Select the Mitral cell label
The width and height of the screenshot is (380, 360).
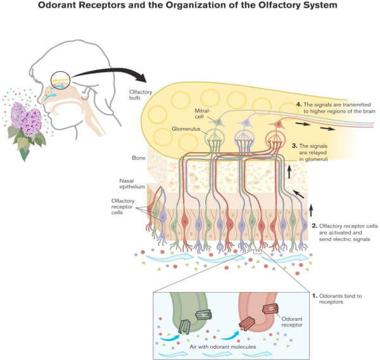[194, 115]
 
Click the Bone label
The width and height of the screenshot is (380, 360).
[136, 156]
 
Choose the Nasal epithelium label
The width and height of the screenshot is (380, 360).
[135, 184]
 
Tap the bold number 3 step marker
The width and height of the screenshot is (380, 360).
[294, 146]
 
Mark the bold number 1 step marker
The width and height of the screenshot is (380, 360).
[314, 295]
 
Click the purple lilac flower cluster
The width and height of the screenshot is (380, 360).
[27, 119]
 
